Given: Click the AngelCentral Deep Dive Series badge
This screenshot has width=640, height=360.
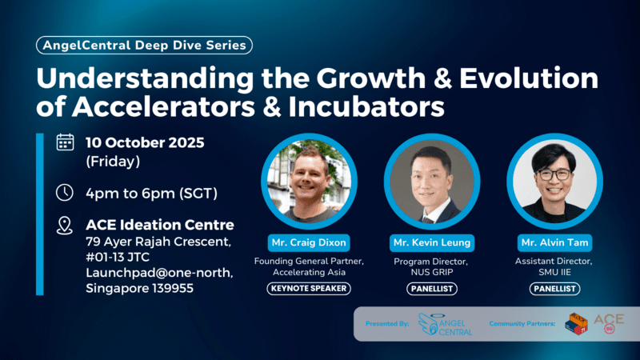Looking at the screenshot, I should point(144,46).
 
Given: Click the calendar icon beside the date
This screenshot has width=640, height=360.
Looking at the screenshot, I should point(65,143).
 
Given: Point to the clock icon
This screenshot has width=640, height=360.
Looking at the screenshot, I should point(65,193).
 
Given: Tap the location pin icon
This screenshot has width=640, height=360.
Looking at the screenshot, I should point(65,226).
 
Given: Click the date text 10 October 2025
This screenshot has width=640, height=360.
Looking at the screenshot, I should point(145,143).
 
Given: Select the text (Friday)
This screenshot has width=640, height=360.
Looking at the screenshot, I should point(112,162).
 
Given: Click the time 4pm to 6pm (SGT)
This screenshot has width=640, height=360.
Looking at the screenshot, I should point(151,193).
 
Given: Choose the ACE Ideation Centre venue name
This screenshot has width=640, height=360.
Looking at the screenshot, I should point(159,225).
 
